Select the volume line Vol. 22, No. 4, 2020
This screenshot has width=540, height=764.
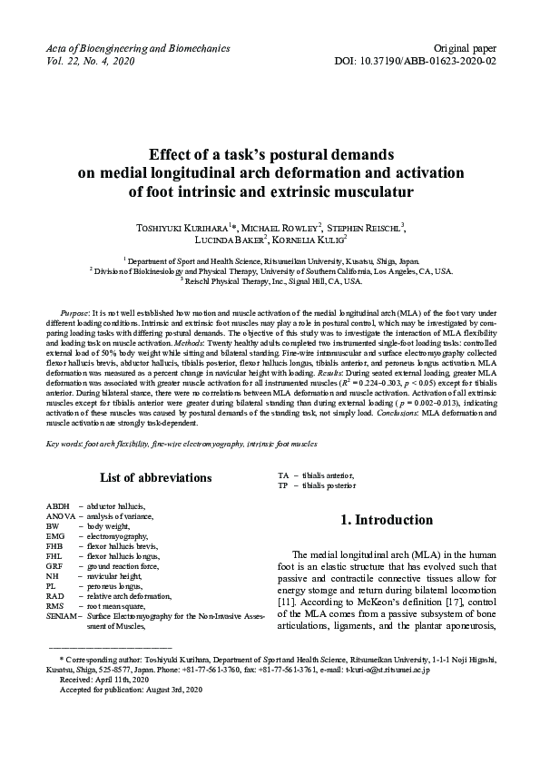(x=90, y=60)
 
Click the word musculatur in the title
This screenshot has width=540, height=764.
(x=367, y=191)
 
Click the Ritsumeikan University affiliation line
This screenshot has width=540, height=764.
(x=271, y=259)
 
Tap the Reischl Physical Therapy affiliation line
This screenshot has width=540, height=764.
(x=271, y=280)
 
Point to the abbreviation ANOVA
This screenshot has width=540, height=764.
(x=62, y=515)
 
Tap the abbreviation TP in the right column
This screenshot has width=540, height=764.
(x=282, y=485)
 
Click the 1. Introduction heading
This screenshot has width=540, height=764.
(x=386, y=521)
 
